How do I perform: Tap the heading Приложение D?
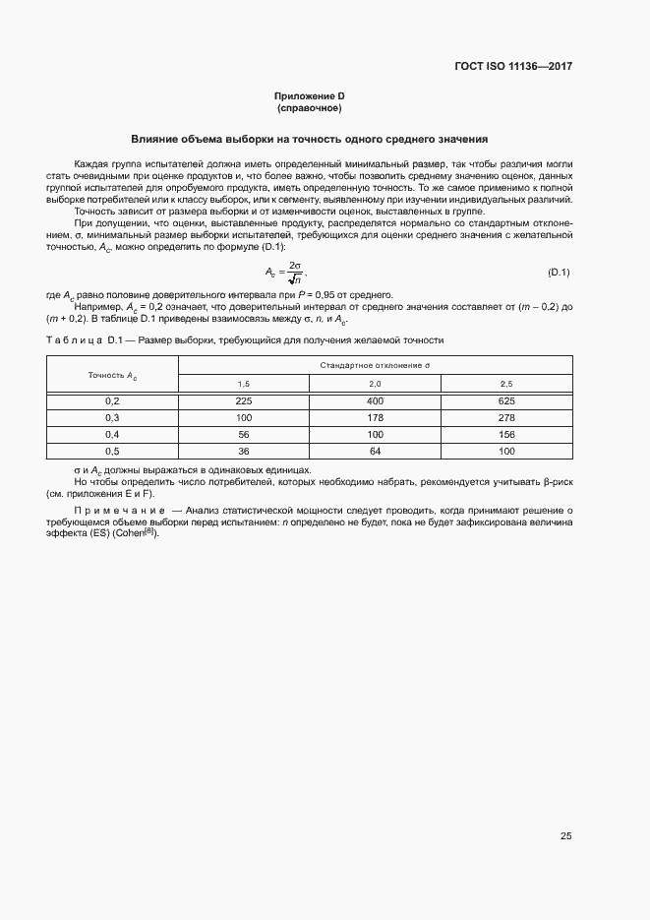tap(309, 95)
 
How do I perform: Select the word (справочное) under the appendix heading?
tap(309, 107)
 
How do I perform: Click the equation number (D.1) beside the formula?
tap(559, 272)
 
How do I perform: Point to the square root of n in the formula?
tap(295, 279)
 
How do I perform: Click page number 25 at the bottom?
tap(565, 836)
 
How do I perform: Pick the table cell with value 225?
tap(245, 401)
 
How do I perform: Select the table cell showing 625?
tap(506, 401)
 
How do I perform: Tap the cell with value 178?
tap(375, 417)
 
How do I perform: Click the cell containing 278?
tap(506, 417)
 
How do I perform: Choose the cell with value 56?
tap(245, 434)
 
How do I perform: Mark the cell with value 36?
tap(245, 451)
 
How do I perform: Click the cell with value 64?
tap(375, 451)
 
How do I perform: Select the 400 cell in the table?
tap(375, 401)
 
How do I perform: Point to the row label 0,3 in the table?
tap(112, 417)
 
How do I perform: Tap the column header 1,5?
tap(245, 383)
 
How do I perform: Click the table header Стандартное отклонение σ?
tap(375, 365)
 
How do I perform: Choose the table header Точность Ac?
tap(112, 375)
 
